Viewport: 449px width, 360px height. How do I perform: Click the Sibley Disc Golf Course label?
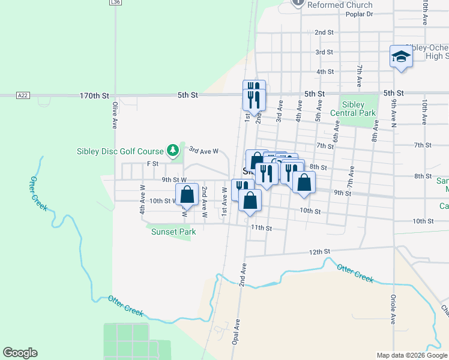[x=120, y=151]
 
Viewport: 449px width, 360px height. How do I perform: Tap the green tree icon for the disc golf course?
[x=173, y=149]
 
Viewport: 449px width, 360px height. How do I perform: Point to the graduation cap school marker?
[x=401, y=57]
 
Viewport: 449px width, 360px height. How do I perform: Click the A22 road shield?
[x=23, y=95]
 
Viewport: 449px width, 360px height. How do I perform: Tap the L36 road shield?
[x=115, y=2]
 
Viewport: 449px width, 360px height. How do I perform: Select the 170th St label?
[x=95, y=95]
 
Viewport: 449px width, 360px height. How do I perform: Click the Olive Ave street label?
[x=114, y=115]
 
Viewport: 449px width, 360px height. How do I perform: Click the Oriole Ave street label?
[x=393, y=310]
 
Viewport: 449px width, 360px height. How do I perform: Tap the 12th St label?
[x=320, y=251]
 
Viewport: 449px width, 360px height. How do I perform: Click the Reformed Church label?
[x=340, y=5]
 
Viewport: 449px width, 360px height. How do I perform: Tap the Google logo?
[x=20, y=353]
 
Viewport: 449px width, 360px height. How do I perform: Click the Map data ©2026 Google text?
[x=411, y=355]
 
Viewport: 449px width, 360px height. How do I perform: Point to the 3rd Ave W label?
[x=203, y=151]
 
